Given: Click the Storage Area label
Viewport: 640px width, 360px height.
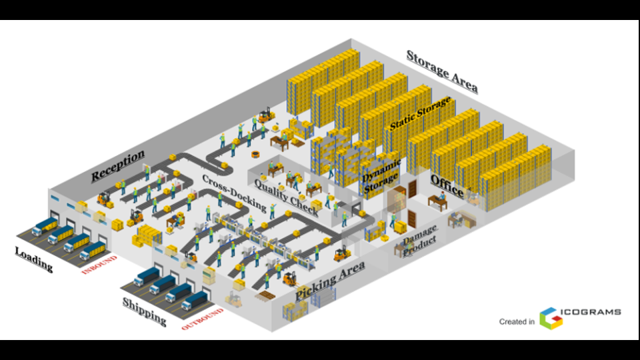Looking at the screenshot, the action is [x=442, y=71].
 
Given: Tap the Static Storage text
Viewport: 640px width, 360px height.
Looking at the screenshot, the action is [x=421, y=113].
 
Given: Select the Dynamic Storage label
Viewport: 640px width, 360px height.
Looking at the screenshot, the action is [x=381, y=176].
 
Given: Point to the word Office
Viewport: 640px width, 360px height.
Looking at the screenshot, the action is [x=447, y=186].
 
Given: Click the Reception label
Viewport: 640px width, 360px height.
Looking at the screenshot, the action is [x=117, y=165].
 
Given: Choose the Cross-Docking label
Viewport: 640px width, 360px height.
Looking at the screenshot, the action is [x=234, y=193].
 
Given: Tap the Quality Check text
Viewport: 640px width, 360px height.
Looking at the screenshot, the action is [x=286, y=197].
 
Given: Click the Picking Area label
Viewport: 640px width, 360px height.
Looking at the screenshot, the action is [x=330, y=280].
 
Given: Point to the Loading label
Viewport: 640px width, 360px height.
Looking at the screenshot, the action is [x=34, y=259].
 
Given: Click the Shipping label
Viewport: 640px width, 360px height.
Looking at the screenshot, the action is [x=145, y=311].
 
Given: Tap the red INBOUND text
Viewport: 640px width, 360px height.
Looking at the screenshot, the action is [x=99, y=265].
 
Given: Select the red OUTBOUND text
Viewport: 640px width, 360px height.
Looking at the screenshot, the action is [x=203, y=319].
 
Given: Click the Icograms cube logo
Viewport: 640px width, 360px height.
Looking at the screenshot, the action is [x=551, y=319].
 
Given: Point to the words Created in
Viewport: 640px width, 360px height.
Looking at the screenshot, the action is [x=517, y=321].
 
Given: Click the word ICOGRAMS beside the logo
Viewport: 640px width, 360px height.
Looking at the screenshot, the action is [x=591, y=312].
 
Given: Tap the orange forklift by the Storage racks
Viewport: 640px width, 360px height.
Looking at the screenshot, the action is [x=266, y=115].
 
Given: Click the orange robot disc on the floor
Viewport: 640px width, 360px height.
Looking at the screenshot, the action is [x=255, y=154].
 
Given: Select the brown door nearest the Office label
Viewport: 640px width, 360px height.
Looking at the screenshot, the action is [x=412, y=189].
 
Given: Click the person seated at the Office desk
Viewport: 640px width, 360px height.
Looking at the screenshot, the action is [x=441, y=195].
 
